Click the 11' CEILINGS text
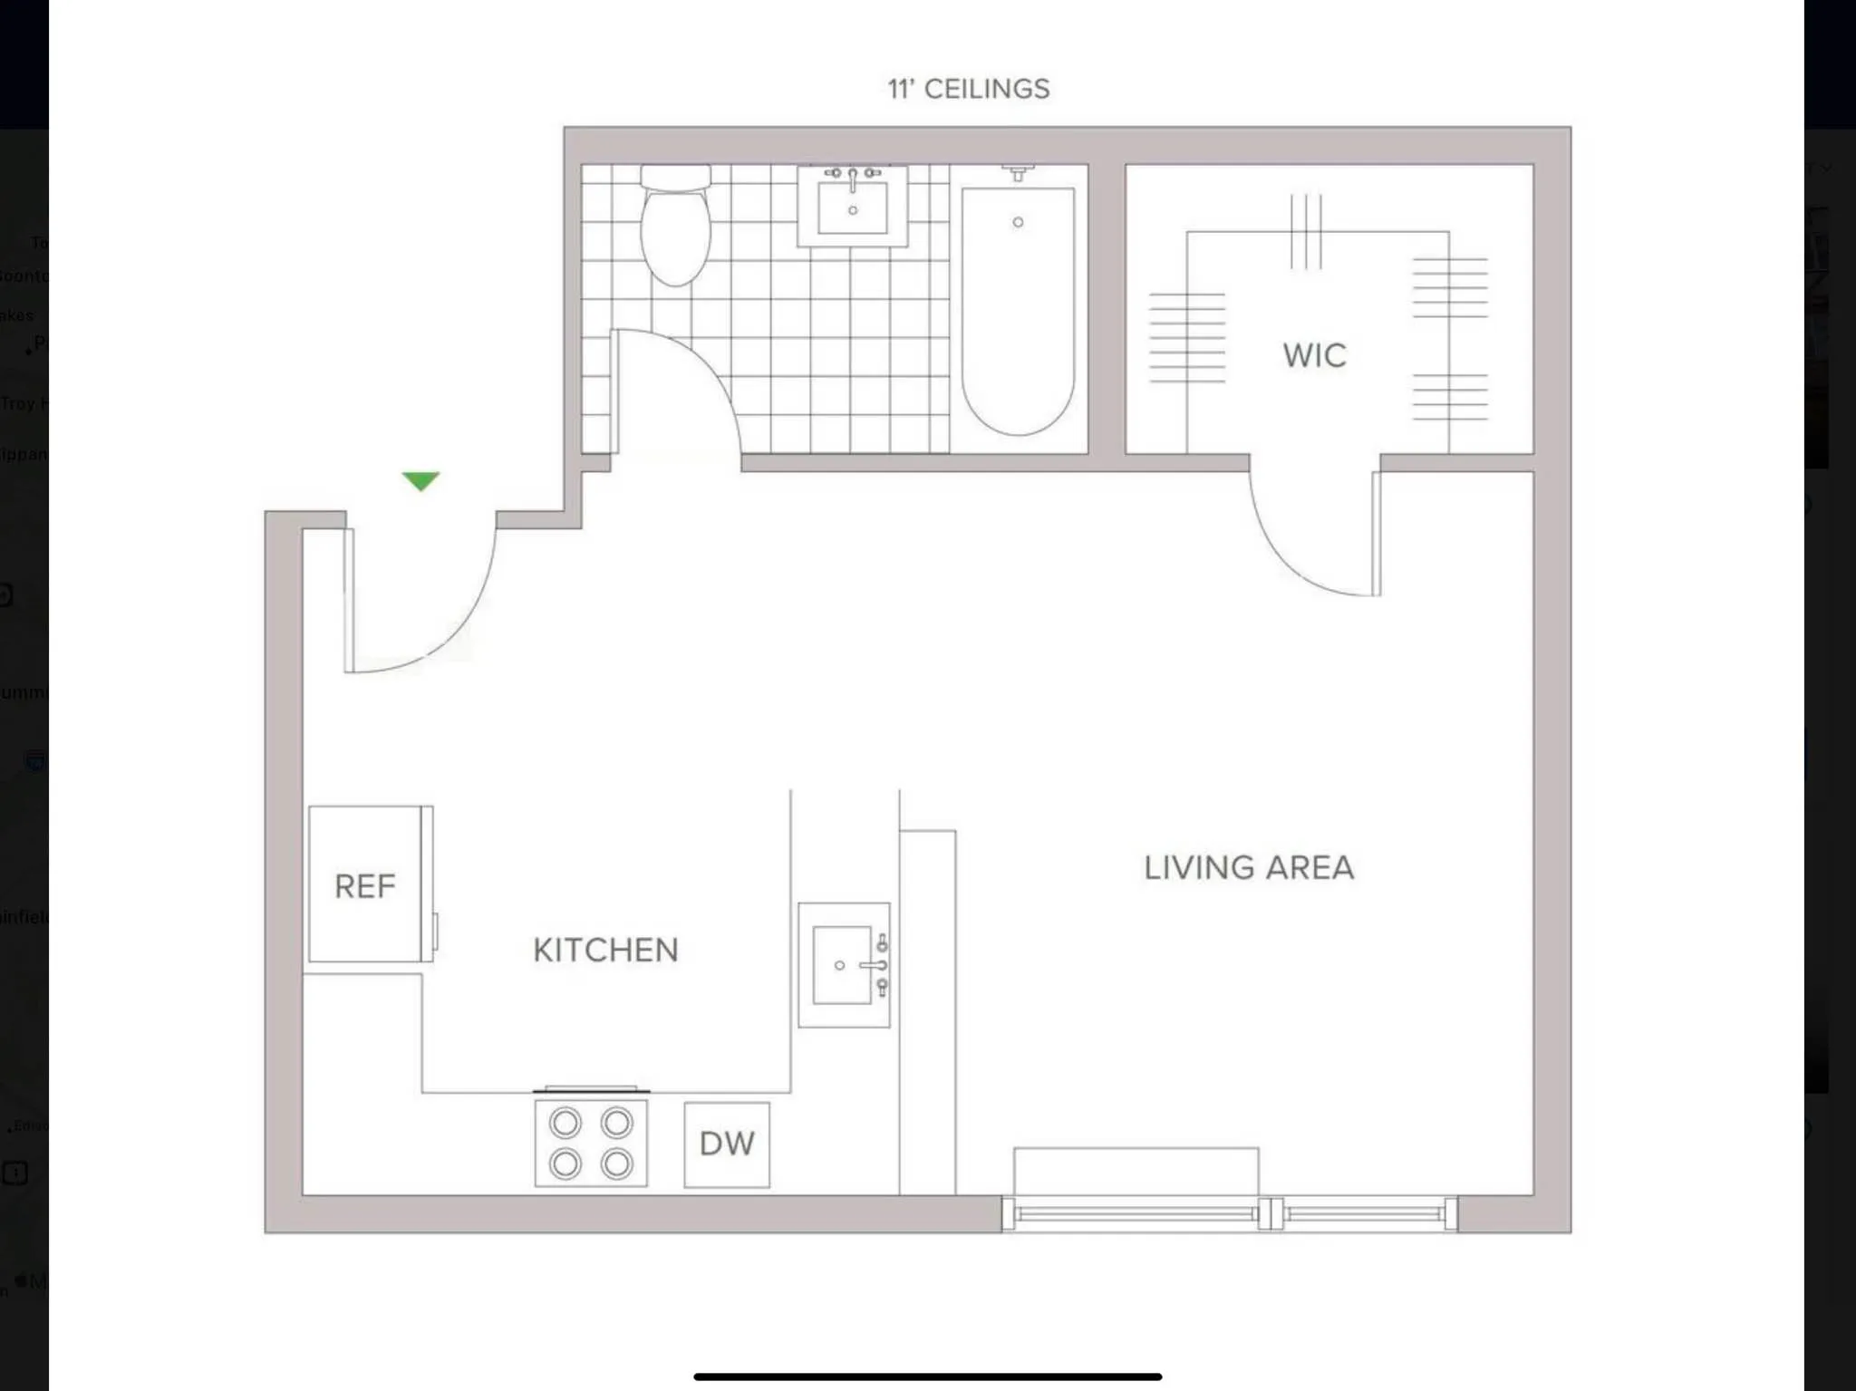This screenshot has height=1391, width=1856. click(x=968, y=89)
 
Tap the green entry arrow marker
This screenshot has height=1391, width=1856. click(x=420, y=480)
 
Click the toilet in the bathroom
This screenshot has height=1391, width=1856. click(x=675, y=231)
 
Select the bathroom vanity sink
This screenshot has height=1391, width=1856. click(x=852, y=207)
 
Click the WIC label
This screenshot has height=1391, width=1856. click(x=1314, y=355)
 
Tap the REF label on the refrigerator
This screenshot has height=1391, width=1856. click(x=364, y=886)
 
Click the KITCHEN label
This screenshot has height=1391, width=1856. click(x=605, y=950)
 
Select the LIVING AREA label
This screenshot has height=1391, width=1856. click(x=1248, y=867)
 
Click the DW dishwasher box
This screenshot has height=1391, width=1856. click(x=727, y=1144)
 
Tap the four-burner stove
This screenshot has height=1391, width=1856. click(x=591, y=1143)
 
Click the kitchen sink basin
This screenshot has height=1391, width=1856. click(x=841, y=965)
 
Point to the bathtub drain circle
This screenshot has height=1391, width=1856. click(x=1018, y=222)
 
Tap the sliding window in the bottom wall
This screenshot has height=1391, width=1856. click(x=1230, y=1214)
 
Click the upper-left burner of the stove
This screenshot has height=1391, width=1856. click(x=565, y=1124)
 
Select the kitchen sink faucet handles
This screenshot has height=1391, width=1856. click(x=880, y=965)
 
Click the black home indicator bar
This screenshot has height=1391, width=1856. click(x=927, y=1377)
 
